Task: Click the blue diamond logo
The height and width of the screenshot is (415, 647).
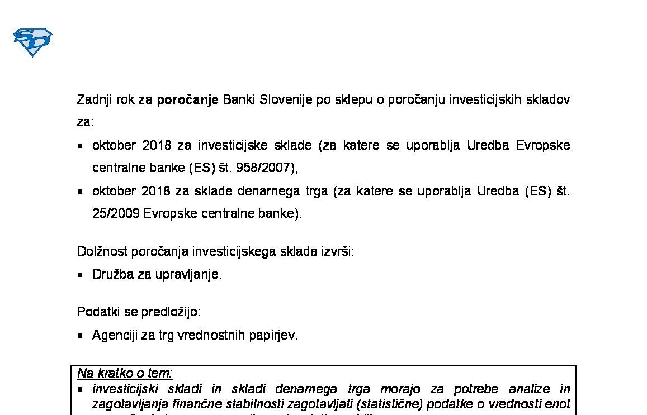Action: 32,42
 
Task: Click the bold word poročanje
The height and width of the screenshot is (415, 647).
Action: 187,100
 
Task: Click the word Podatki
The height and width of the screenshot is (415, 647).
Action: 97,312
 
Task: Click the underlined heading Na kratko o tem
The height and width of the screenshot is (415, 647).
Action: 125,373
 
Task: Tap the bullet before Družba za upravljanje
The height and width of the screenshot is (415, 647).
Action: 81,275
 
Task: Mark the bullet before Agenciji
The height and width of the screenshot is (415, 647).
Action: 81,336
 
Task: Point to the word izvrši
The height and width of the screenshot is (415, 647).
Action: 337,251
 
